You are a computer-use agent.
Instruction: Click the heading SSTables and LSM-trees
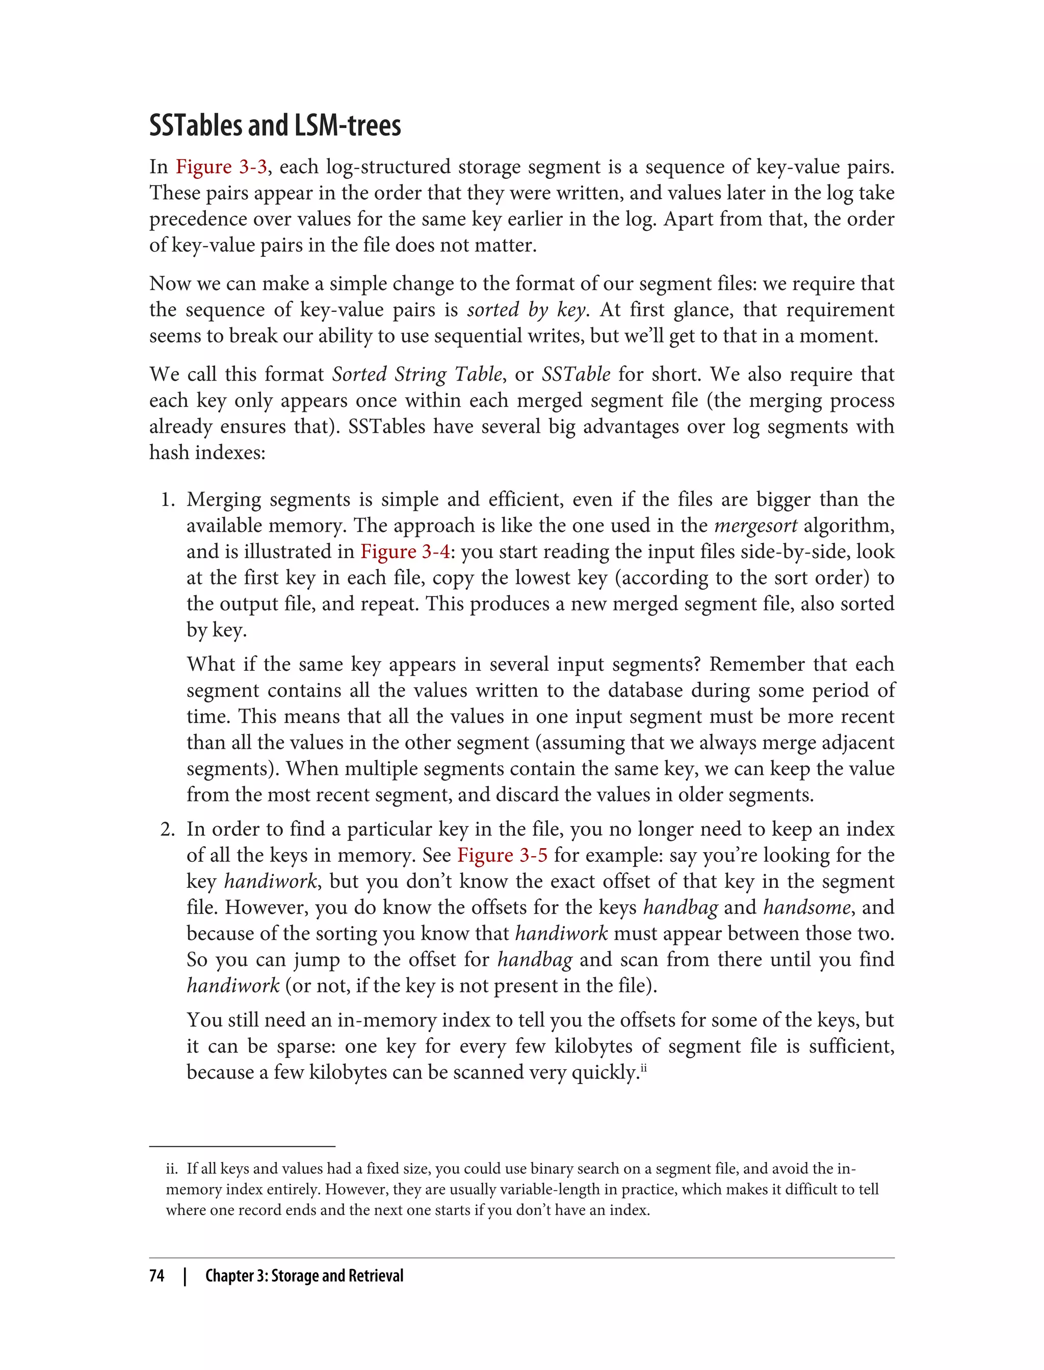(x=275, y=125)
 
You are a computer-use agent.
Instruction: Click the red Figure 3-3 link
(x=221, y=167)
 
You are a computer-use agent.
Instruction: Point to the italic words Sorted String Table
(x=417, y=374)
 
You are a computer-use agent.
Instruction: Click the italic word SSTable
(x=576, y=374)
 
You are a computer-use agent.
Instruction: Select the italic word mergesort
(x=755, y=525)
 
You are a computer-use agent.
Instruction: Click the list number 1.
(x=167, y=499)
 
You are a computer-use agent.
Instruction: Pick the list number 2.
(x=167, y=829)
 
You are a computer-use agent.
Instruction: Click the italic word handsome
(x=806, y=907)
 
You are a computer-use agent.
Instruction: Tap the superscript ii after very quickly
(x=644, y=1067)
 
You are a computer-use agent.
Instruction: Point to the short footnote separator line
(x=242, y=1146)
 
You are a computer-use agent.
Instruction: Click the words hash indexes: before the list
(x=207, y=452)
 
